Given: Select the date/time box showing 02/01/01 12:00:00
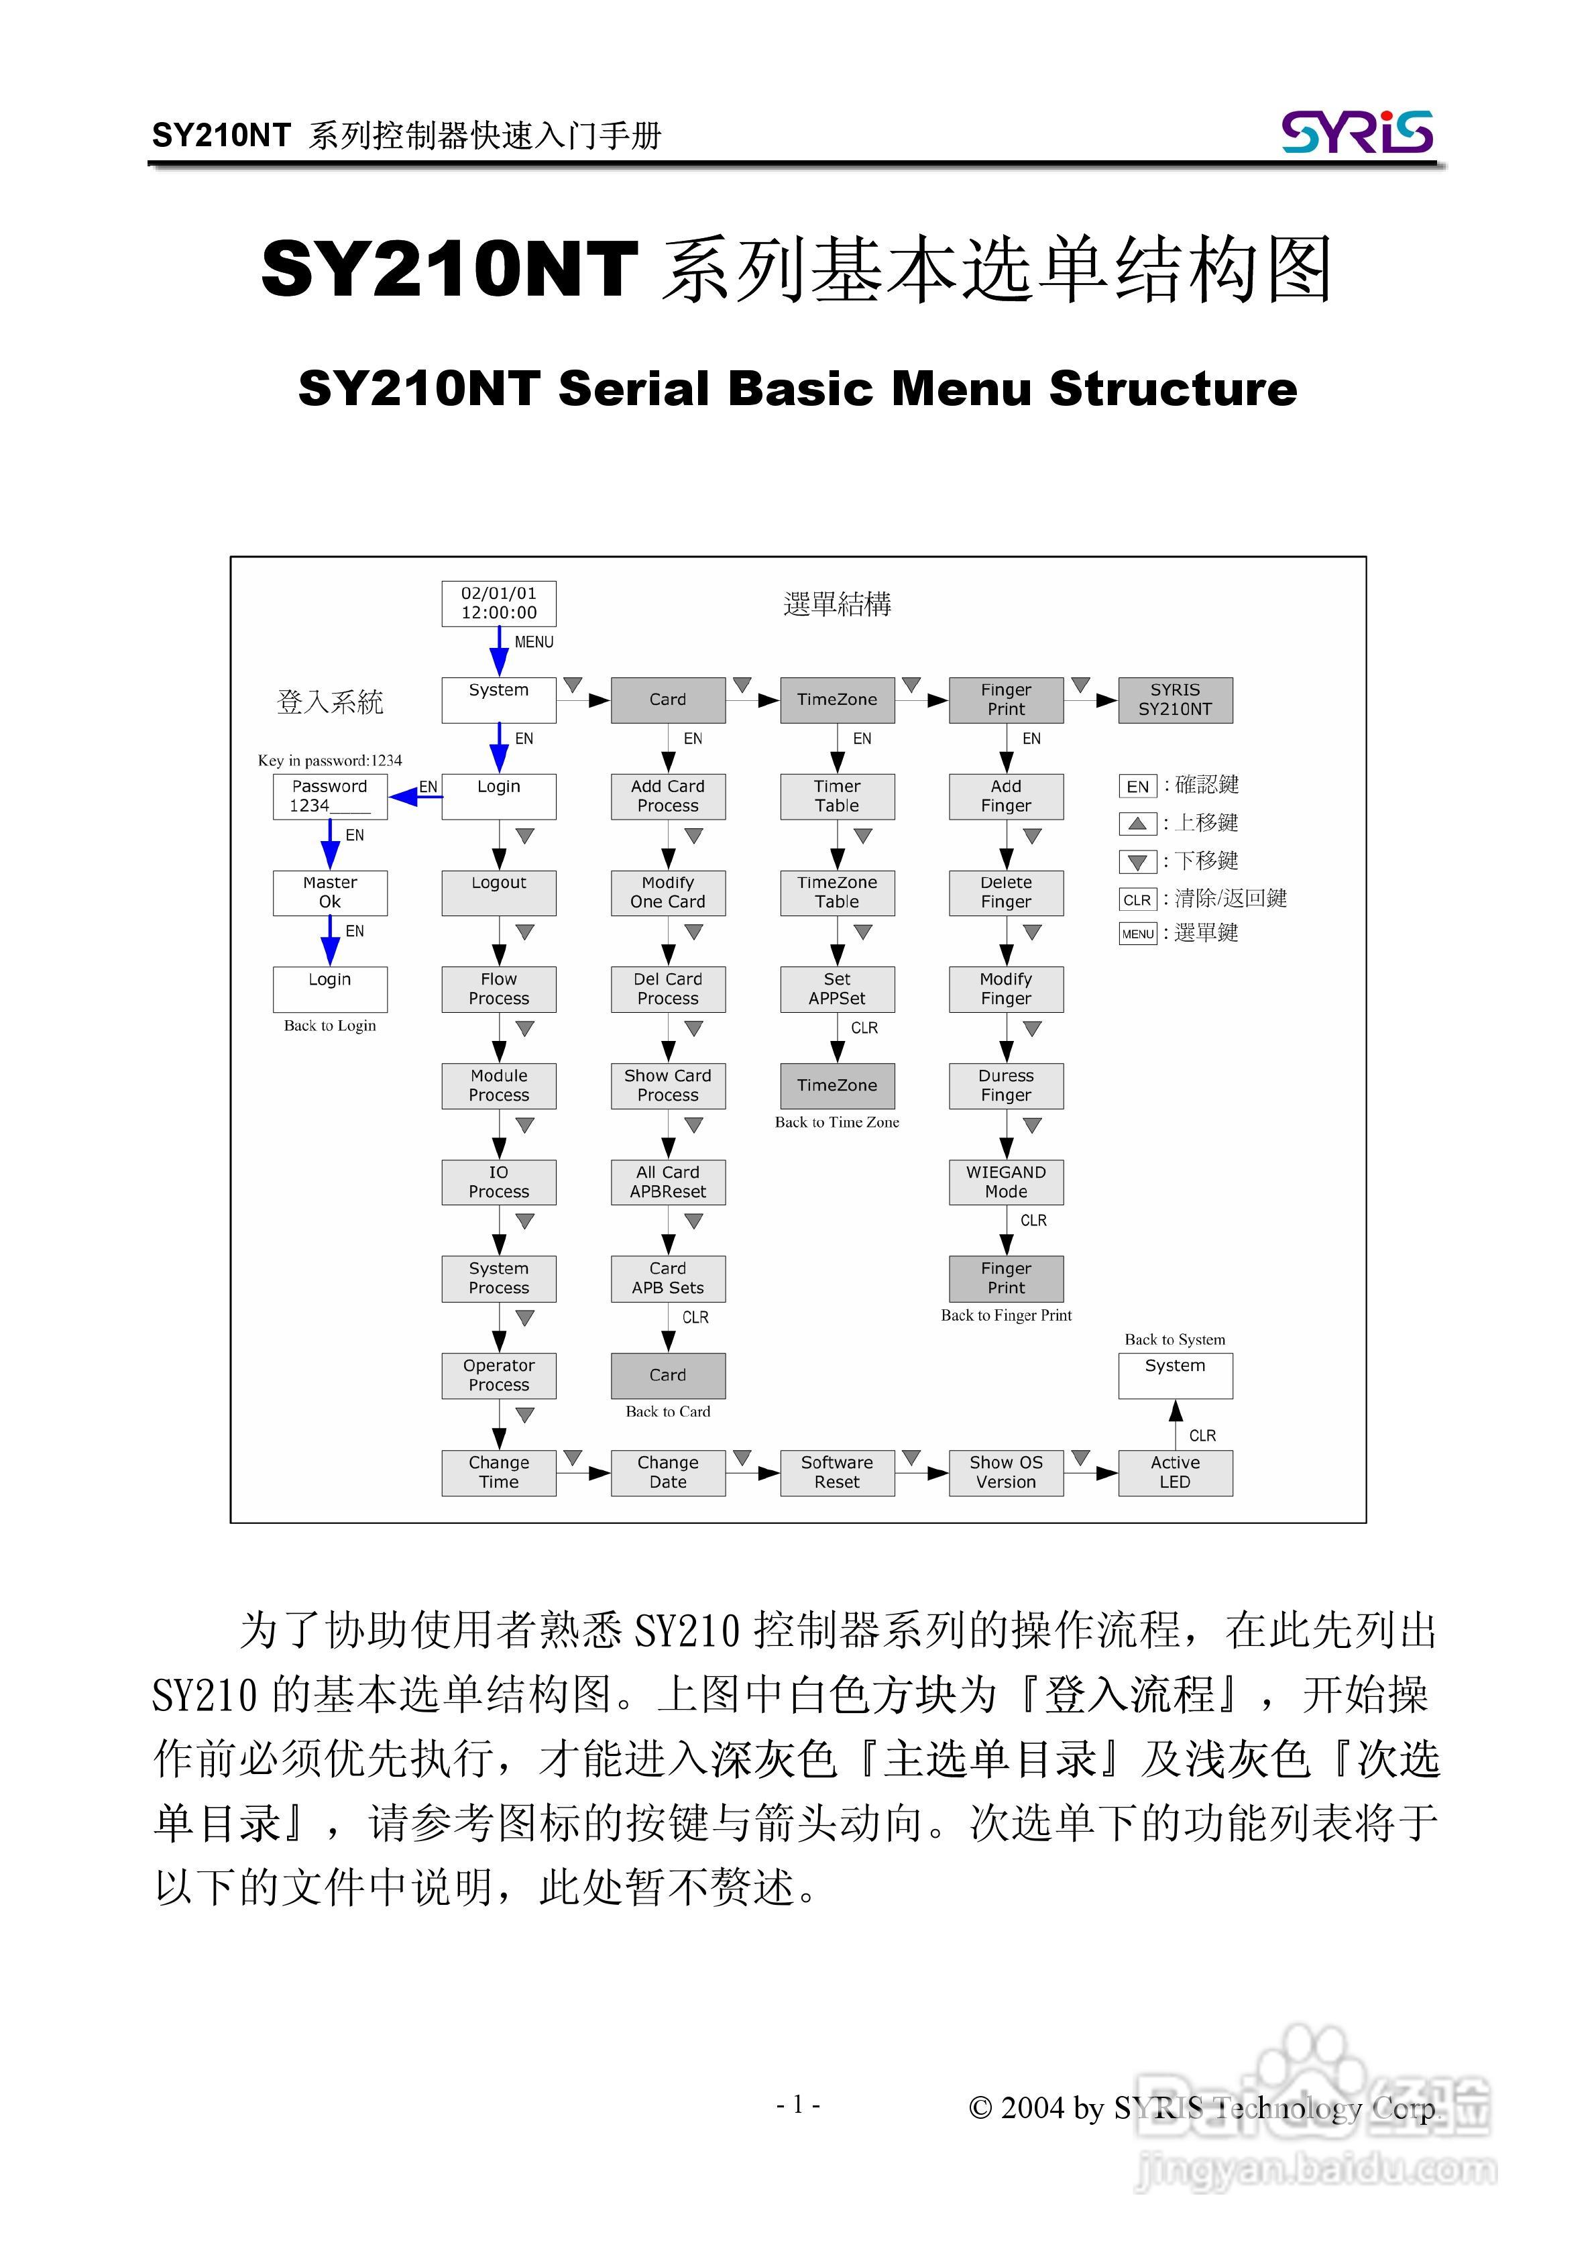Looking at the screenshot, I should pos(499,603).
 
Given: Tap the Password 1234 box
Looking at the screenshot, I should pos(330,796).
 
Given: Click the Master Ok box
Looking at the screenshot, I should pos(330,892).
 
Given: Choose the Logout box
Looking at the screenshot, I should pos(499,892).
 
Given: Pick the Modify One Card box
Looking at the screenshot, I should pos(668,892).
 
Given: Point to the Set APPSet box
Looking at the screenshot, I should pos(838,989).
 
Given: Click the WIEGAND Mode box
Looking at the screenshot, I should pos(1006,1182).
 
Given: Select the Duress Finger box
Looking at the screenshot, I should pos(1006,1085).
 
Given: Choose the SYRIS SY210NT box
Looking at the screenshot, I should pos(1175,700).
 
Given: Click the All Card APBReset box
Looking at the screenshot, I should pos(668,1182).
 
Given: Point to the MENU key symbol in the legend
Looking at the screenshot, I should pos(1137,934).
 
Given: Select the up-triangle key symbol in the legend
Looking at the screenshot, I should pos(1137,824).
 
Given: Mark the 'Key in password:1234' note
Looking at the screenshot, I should pos(330,761).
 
